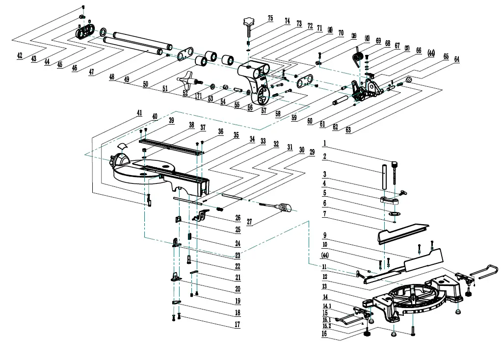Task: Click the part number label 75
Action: click(270, 18)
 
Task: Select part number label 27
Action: click(250, 222)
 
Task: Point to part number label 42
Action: click(20, 56)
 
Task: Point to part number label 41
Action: click(140, 113)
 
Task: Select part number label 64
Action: click(457, 59)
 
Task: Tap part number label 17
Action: click(237, 324)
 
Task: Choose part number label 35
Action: click(236, 134)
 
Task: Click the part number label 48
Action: click(112, 77)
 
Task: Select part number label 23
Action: click(237, 255)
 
